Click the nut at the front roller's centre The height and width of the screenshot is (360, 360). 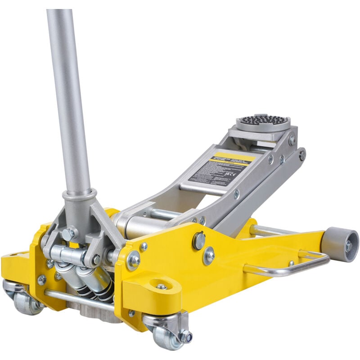pyautogui.click(x=348, y=246)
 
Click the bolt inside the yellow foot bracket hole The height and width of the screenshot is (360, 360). pyautogui.click(x=161, y=286)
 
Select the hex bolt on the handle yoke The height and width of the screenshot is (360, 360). pyautogui.click(x=69, y=234)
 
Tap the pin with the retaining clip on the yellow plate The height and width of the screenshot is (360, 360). pyautogui.click(x=198, y=241)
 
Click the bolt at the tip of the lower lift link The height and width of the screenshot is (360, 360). pyautogui.click(x=302, y=154)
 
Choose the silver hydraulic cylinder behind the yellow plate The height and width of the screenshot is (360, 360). pyautogui.click(x=135, y=225)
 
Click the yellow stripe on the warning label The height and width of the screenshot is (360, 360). pyautogui.click(x=234, y=157)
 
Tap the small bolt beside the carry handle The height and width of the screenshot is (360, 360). pyautogui.click(x=291, y=263)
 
